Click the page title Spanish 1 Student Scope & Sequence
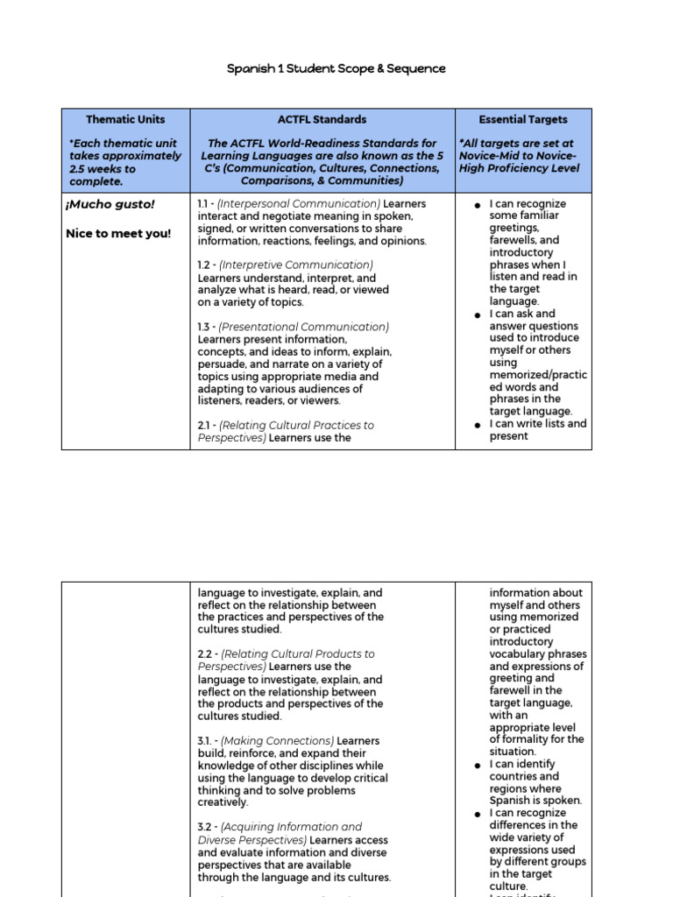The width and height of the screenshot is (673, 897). click(336, 68)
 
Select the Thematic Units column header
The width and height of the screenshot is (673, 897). click(125, 119)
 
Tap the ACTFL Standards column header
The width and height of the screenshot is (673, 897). click(322, 119)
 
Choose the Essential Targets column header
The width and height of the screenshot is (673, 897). click(523, 119)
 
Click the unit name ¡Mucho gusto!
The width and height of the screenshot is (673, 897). click(110, 204)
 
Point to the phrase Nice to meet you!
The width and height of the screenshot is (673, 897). click(118, 234)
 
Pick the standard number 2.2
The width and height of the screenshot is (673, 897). click(207, 654)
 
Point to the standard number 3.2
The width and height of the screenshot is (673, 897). click(207, 827)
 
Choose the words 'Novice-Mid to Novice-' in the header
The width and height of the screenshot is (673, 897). click(518, 156)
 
